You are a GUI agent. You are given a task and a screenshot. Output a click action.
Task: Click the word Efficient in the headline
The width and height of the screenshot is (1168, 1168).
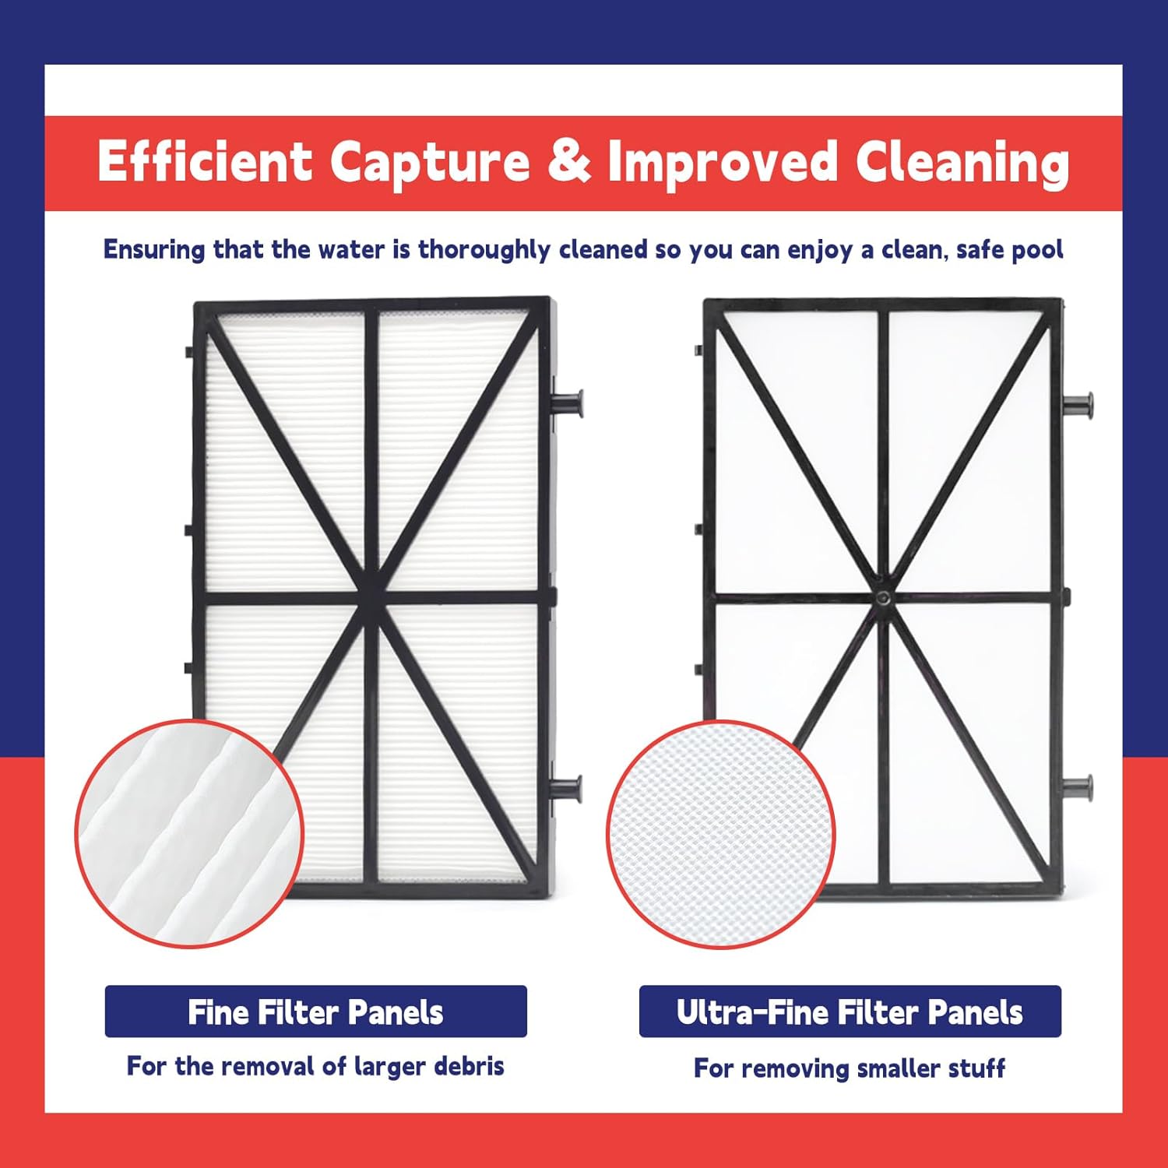204,162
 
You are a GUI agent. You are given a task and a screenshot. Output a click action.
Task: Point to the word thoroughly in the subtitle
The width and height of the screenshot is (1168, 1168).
484,250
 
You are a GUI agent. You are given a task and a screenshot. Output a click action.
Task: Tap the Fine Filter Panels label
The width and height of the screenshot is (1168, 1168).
315,1011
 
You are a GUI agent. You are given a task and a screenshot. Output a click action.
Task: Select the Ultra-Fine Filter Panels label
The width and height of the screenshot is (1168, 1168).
850,1011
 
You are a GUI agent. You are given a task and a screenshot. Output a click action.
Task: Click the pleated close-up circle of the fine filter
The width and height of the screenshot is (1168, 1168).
189,834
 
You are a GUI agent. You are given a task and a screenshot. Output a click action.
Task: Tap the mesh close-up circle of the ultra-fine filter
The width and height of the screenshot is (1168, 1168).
720,834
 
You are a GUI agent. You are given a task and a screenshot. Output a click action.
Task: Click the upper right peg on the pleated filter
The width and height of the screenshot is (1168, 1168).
568,403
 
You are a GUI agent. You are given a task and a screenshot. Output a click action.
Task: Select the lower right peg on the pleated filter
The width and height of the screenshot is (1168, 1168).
568,788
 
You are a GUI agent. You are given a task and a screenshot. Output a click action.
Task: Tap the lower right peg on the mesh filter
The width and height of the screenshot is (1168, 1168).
1079,787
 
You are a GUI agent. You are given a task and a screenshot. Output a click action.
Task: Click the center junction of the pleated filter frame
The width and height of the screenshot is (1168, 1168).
371,598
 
